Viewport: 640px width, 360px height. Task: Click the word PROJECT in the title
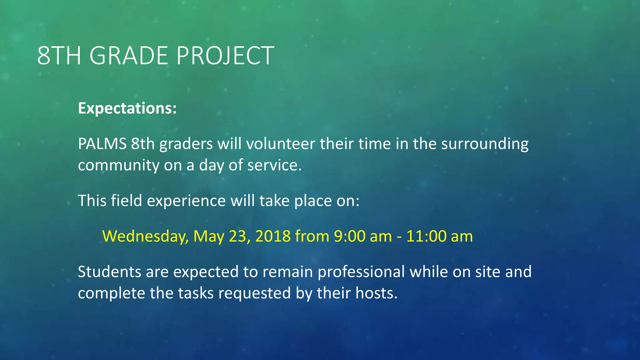click(x=225, y=56)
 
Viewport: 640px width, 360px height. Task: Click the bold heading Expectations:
click(x=127, y=108)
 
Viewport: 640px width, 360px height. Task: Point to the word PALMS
click(x=102, y=144)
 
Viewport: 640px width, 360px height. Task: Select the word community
click(x=118, y=166)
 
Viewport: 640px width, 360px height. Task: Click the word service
click(x=274, y=165)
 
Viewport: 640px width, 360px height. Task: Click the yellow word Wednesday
click(x=145, y=237)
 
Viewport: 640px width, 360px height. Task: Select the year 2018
click(x=273, y=236)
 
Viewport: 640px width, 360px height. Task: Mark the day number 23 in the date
click(x=239, y=237)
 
